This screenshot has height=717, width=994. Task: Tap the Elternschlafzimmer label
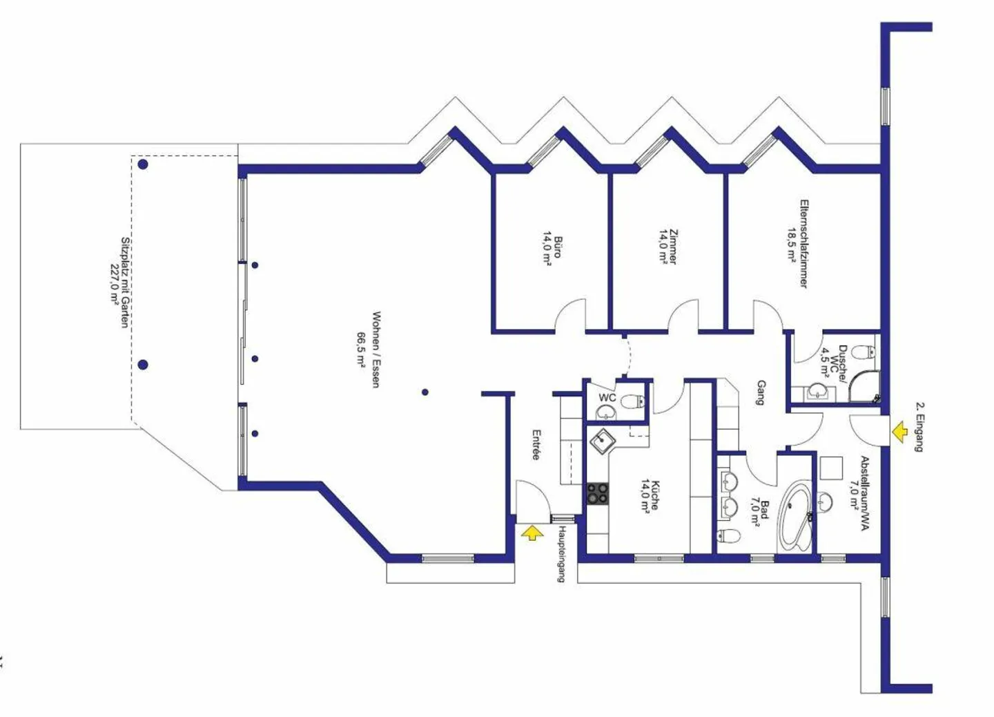point(803,244)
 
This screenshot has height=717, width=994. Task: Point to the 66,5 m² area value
point(361,350)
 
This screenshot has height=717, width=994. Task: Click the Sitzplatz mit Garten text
point(125,283)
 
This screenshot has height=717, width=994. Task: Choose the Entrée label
point(536,446)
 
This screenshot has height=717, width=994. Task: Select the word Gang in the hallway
point(761,392)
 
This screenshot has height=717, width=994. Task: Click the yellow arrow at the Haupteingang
point(532,533)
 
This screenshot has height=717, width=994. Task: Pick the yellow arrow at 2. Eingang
point(899,432)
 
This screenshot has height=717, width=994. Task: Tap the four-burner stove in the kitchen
point(598,493)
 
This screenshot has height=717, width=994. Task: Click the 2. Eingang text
point(919,426)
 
